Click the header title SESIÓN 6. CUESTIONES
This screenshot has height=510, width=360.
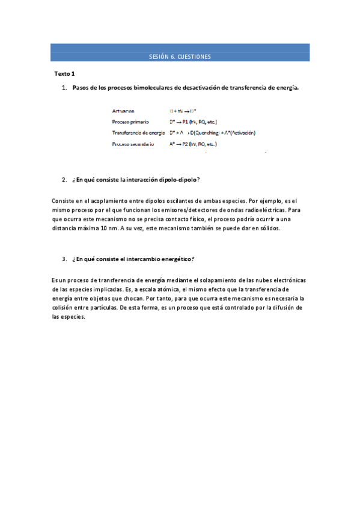click(x=180, y=57)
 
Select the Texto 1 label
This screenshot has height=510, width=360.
click(x=64, y=74)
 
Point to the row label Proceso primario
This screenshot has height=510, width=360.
click(x=130, y=122)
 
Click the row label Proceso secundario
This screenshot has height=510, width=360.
click(x=133, y=144)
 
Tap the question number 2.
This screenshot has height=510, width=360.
click(x=64, y=180)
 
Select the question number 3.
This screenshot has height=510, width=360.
click(x=64, y=259)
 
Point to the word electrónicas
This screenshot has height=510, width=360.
click(x=286, y=280)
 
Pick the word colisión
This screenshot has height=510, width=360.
click(x=64, y=307)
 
